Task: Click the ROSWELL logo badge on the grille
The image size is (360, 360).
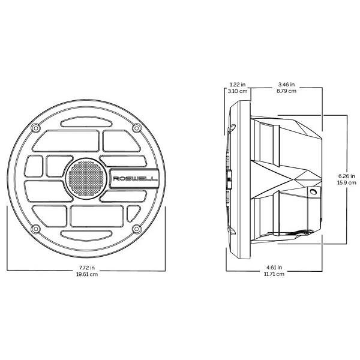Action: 134,178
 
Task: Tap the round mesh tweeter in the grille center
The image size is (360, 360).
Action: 86,178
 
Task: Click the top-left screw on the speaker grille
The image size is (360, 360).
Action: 35,128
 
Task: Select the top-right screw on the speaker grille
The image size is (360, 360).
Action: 137,128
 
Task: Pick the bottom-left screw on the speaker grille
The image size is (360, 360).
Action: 35,229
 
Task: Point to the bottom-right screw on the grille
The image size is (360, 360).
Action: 137,229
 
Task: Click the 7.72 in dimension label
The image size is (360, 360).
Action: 87,268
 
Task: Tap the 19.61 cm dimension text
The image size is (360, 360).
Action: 87,274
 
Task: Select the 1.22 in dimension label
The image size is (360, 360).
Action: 238,85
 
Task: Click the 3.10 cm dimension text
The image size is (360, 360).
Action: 238,91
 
